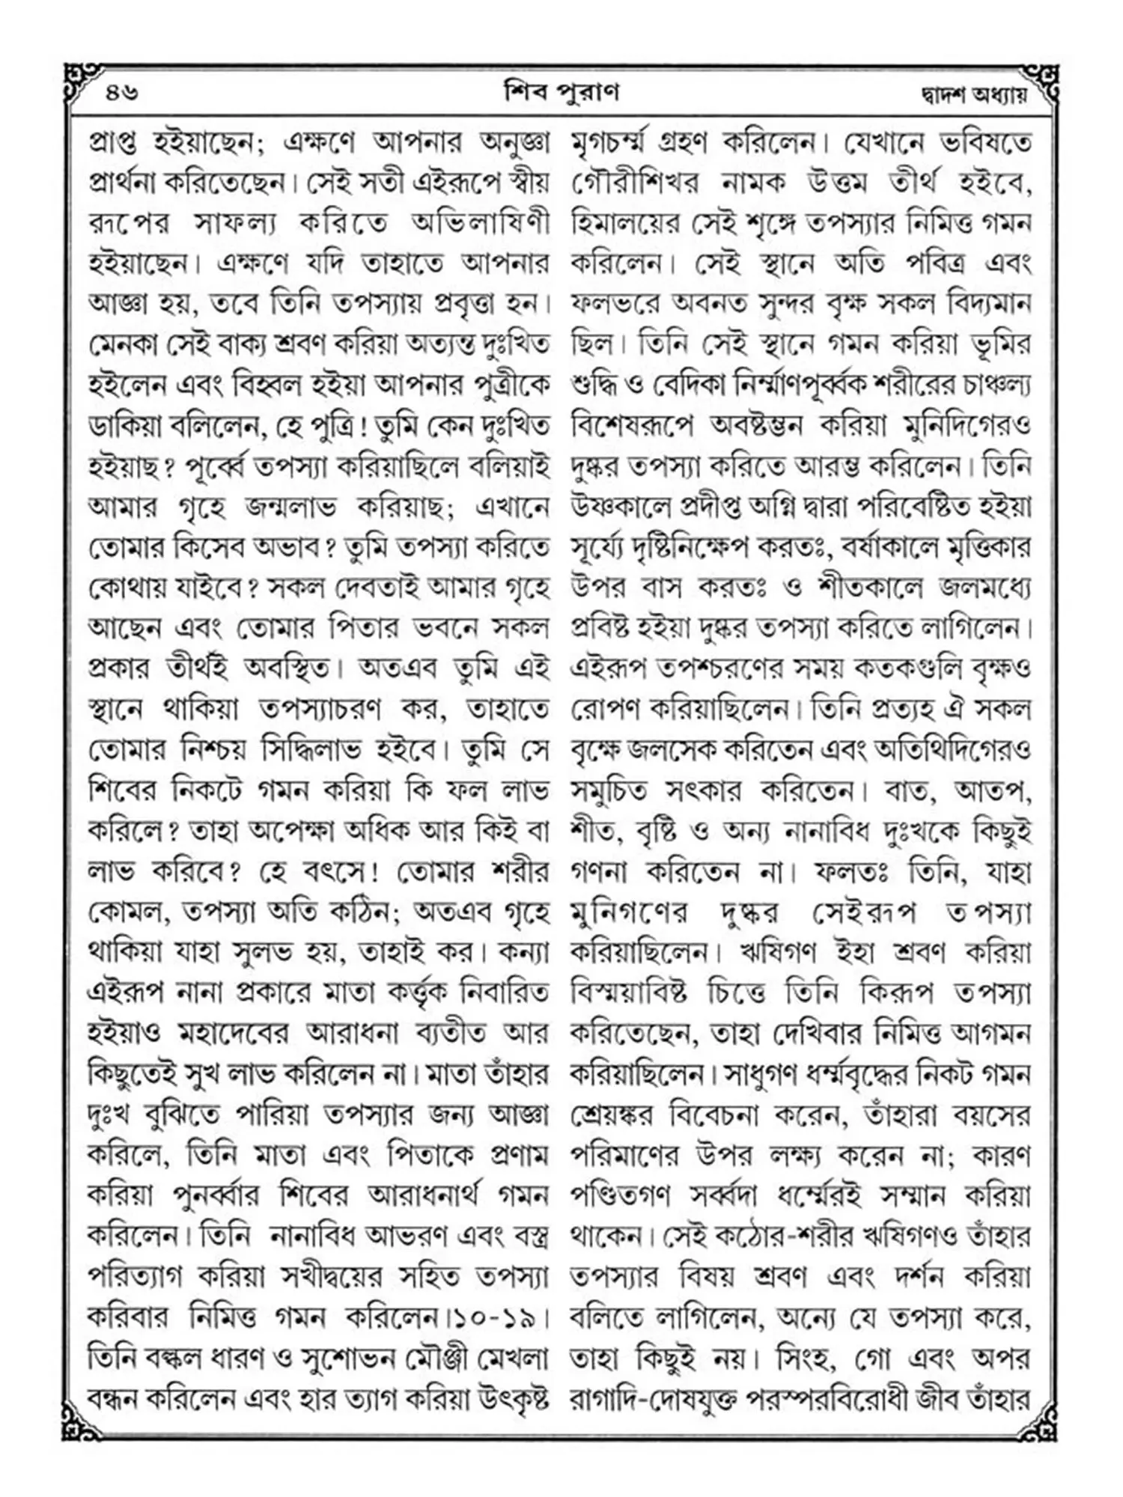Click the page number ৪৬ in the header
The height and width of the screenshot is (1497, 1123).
122,94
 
